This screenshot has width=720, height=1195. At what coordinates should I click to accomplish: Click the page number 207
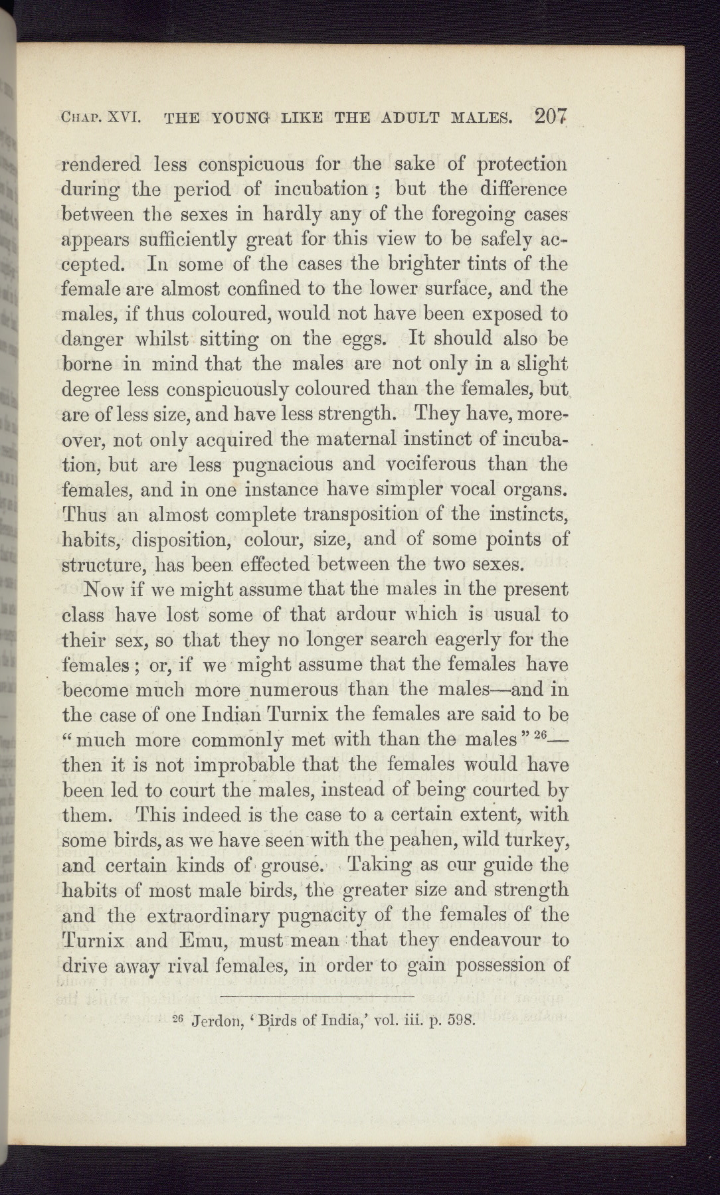click(x=551, y=118)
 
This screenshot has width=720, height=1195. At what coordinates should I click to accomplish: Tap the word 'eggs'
click(x=361, y=339)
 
